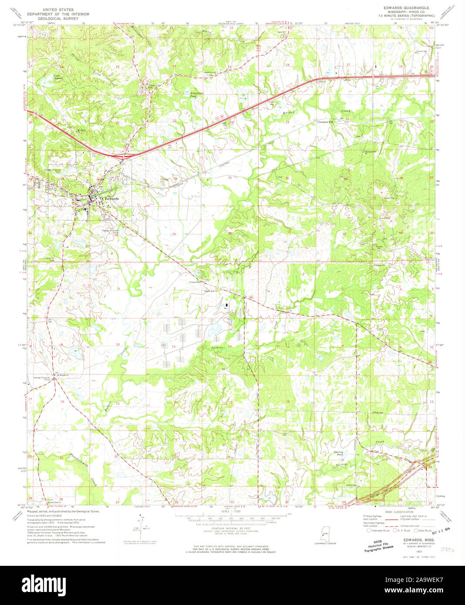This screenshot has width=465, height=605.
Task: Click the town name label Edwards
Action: tap(111, 198)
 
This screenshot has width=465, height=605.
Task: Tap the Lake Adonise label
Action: tap(58, 77)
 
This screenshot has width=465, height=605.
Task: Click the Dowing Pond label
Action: tap(339, 454)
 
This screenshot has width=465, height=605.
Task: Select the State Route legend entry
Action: tap(424, 531)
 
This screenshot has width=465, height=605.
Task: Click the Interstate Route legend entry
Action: tap(379, 531)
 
